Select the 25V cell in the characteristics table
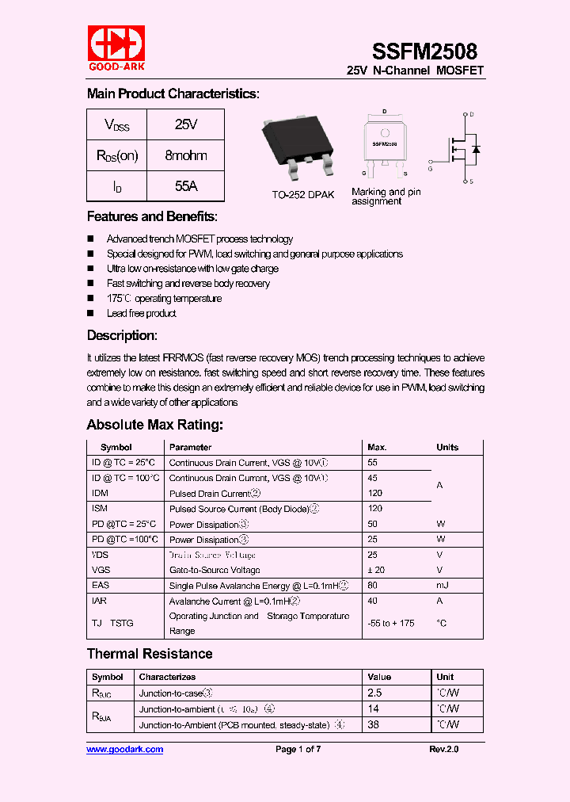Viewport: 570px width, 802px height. (185, 125)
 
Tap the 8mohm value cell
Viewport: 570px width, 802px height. (185, 155)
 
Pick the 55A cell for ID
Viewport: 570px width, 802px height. (185, 186)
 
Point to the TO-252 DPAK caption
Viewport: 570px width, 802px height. (302, 195)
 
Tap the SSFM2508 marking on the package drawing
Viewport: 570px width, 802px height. (385, 145)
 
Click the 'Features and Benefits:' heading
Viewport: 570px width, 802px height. (152, 216)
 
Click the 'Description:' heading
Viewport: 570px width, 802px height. (122, 335)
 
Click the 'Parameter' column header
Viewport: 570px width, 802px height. (190, 447)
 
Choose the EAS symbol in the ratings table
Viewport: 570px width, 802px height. (101, 586)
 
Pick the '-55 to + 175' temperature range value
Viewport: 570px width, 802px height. (391, 623)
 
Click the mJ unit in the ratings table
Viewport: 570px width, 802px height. (442, 586)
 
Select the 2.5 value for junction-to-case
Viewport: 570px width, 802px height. (374, 693)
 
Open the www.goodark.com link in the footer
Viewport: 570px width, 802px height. (124, 749)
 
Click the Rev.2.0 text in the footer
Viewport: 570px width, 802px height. (443, 749)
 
